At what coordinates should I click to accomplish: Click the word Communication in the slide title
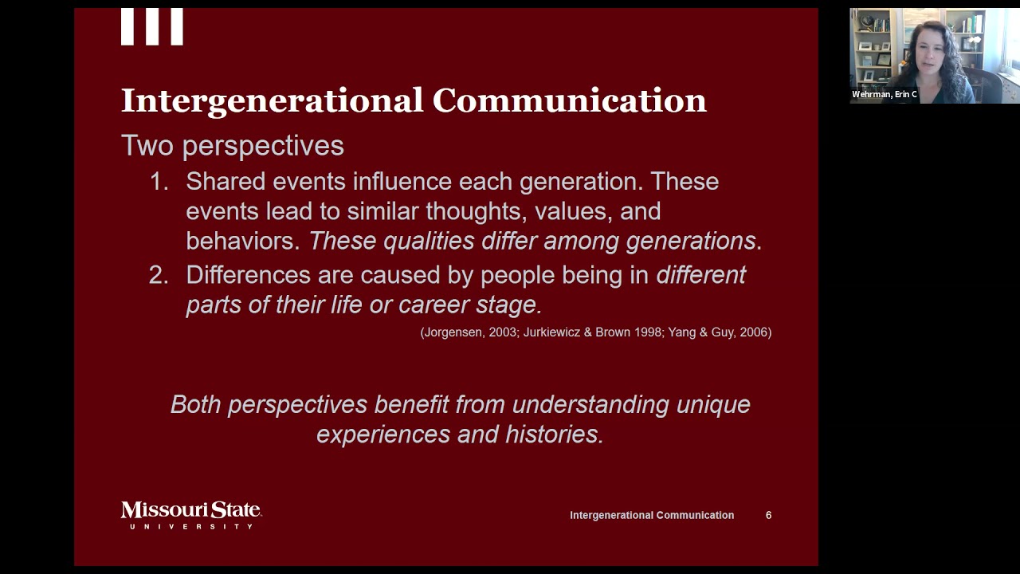(569, 101)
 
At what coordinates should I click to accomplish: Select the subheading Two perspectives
(232, 146)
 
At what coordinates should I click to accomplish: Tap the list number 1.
(159, 182)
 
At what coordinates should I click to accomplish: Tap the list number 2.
(159, 275)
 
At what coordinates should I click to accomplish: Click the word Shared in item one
(226, 182)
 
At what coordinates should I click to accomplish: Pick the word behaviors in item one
(242, 241)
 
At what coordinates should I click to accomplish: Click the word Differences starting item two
(248, 275)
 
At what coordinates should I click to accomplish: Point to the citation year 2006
(753, 332)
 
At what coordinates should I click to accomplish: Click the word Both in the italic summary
(196, 404)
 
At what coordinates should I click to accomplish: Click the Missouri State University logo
(191, 514)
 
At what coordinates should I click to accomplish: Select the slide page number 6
(768, 515)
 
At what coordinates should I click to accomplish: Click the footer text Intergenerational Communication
(652, 515)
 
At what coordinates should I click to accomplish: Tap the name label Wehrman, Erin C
(884, 94)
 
